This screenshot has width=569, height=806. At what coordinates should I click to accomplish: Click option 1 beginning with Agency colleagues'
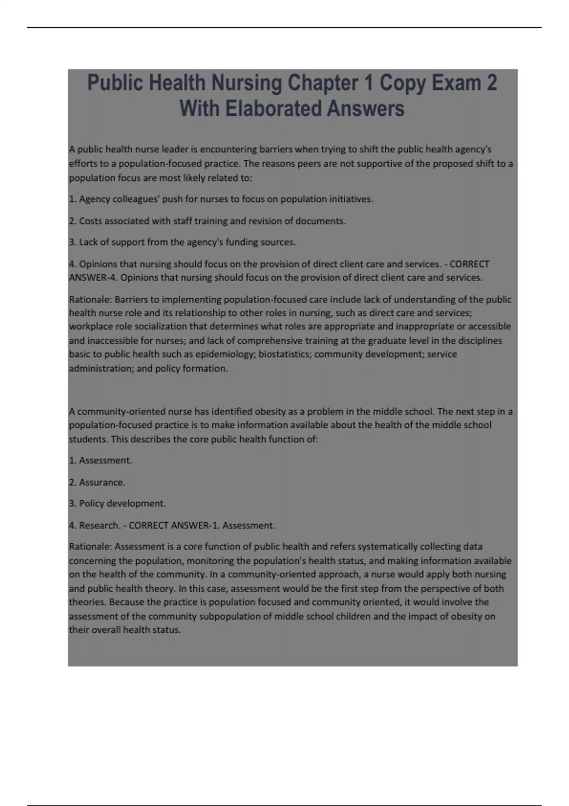click(221, 199)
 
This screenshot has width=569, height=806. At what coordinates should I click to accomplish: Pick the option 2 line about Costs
click(207, 221)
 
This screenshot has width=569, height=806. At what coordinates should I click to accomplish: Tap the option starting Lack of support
click(182, 242)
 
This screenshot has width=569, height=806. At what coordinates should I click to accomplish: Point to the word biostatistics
click(284, 354)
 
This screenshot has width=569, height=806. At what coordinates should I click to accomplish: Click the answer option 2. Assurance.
click(97, 482)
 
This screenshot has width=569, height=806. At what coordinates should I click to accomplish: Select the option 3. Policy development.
click(118, 504)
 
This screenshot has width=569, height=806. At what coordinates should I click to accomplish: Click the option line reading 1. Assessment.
click(101, 460)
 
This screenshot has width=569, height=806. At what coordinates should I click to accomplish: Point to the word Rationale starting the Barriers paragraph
click(90, 300)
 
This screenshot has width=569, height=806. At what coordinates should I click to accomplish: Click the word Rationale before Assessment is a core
click(90, 547)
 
